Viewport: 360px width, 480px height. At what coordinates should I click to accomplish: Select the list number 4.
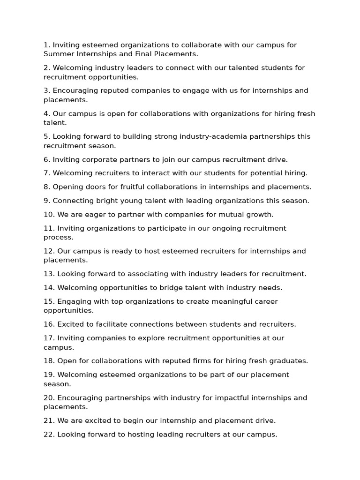[x=46, y=114]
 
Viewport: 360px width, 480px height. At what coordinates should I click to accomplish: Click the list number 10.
[x=49, y=215]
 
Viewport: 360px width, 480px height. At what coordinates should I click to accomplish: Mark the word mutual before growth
[x=234, y=215]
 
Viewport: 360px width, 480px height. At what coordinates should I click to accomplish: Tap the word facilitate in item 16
[x=105, y=324]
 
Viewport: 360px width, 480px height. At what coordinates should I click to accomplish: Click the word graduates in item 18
[x=288, y=361]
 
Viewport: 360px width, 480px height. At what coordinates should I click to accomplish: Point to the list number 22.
[x=49, y=435]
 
